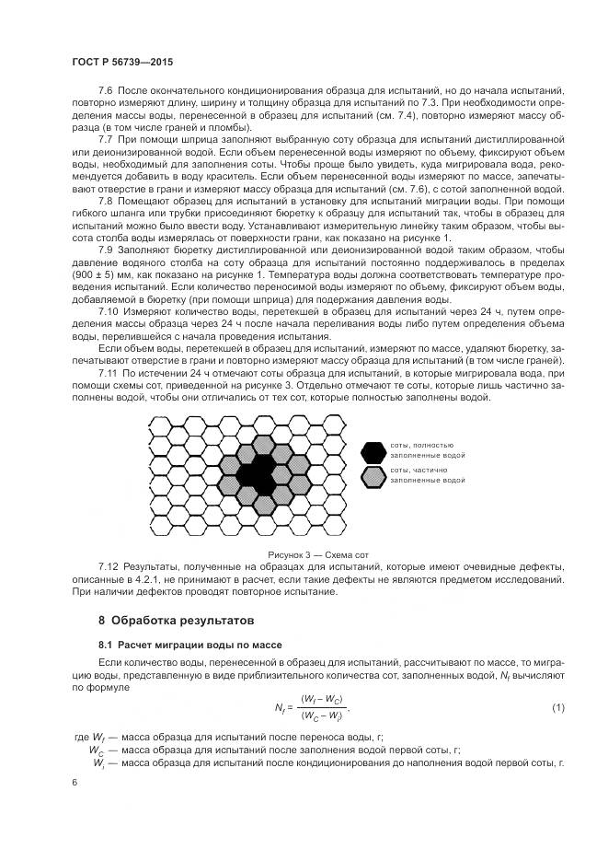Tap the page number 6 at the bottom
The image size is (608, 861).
(x=74, y=781)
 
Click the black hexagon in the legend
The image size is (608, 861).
(x=373, y=451)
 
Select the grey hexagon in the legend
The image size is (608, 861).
(x=373, y=476)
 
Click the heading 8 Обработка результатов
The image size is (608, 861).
(x=176, y=621)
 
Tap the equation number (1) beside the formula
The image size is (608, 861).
(x=557, y=707)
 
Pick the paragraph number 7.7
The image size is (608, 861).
(x=105, y=138)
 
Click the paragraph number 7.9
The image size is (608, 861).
(x=105, y=250)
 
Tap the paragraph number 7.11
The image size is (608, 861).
(x=108, y=372)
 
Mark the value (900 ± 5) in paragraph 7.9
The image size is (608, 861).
(x=94, y=274)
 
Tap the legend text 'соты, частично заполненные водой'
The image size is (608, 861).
(x=425, y=475)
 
